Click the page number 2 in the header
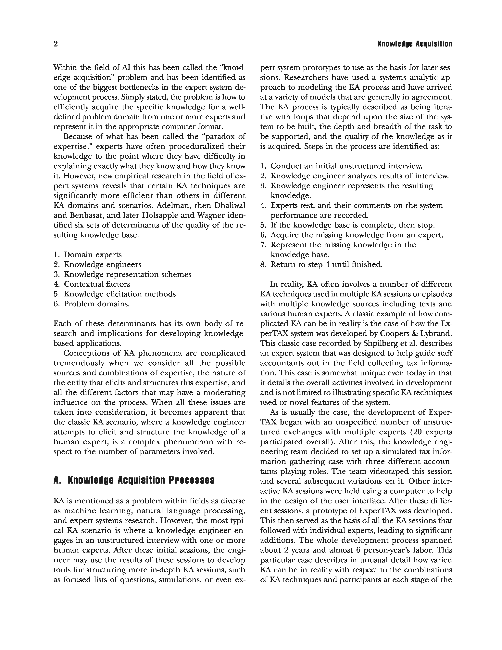56,44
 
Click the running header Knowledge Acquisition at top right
415,44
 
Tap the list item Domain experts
93,254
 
